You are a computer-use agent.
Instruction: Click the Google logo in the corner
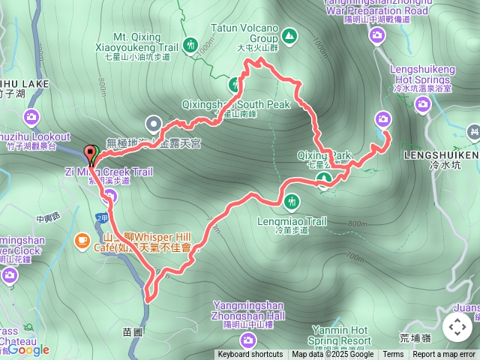pos(28,349)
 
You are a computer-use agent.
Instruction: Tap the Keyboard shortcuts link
pos(250,355)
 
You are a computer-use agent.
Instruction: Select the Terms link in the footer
pos(393,355)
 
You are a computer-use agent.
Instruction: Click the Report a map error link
pos(444,355)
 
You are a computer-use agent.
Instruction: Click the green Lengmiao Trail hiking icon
pos(291,200)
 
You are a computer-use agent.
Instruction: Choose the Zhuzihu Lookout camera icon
pos(31,116)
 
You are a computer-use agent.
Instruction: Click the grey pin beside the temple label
pos(154,124)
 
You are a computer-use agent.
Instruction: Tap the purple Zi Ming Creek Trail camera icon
pos(111,197)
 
